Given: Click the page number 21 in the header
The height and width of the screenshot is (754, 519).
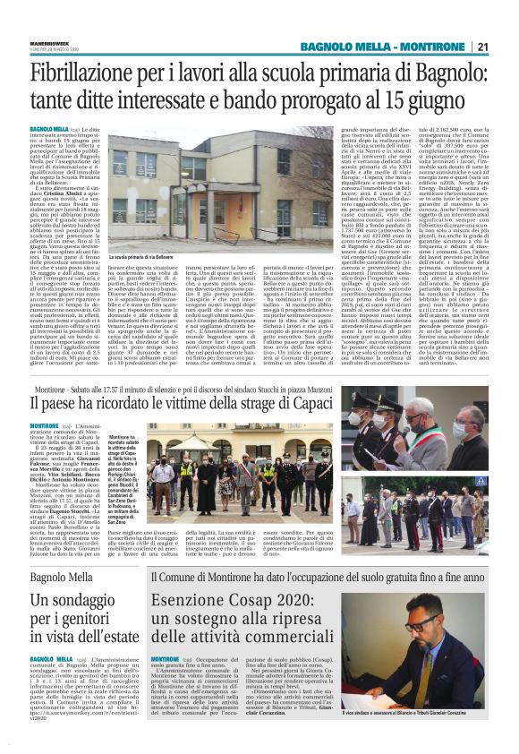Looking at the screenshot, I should pos(482,47).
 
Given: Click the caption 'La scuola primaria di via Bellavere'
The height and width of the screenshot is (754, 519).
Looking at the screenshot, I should pos(142,258).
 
